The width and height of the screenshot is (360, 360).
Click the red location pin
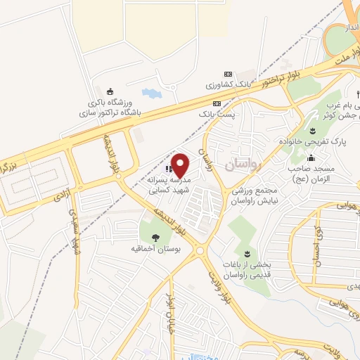tap(180, 165)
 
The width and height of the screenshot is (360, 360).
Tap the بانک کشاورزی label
tap(227, 84)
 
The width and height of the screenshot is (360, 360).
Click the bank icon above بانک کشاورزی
tap(227, 74)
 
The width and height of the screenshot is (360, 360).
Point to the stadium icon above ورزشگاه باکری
tap(109, 91)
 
